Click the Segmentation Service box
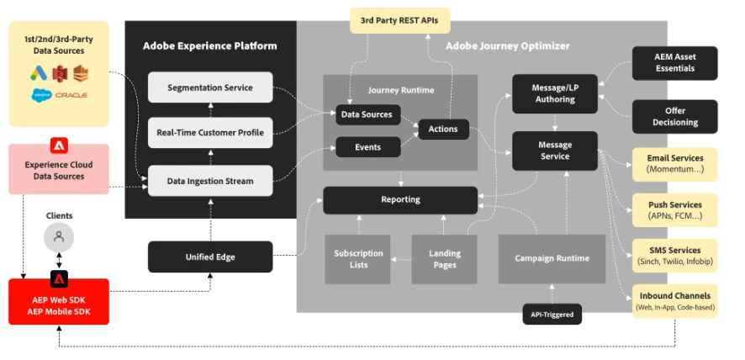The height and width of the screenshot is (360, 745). coord(211,87)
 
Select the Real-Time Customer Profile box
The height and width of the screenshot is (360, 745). coord(211,133)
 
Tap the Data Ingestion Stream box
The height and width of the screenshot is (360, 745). coord(211,180)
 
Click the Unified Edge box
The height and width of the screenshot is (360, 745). coord(210,257)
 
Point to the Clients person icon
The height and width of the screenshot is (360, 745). coord(59,236)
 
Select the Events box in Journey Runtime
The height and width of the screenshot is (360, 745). coord(367,147)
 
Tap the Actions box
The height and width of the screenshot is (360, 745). coord(443,130)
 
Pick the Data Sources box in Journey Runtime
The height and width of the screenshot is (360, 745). coord(367,114)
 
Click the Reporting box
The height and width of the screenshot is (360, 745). coord(400,199)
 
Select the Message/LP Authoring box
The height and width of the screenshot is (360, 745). coord(554,93)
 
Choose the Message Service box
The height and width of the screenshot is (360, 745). coord(555,151)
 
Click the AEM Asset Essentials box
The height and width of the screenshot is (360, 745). coord(674,63)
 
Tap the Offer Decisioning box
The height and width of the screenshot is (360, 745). coord(674,117)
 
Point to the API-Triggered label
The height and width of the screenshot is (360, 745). coord(552,315)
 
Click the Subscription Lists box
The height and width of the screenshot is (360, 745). coord(358,259)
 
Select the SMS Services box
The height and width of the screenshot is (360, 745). coord(674,256)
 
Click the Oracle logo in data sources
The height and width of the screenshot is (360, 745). coord(71,95)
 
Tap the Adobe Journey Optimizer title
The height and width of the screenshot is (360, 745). coord(507,45)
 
